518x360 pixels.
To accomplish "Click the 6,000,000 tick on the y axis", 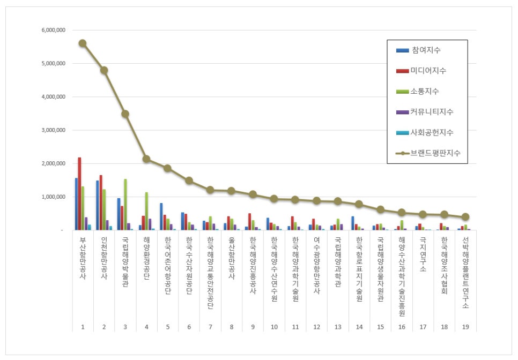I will point(53,31).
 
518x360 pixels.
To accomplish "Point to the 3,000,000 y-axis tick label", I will point(53,130).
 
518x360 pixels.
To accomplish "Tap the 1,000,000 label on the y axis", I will point(53,197).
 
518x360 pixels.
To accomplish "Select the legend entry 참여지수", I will point(426,50).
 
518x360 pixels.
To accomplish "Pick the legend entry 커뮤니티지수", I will point(432,111).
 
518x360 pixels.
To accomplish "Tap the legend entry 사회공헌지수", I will point(432,132).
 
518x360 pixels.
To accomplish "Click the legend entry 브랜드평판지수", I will point(435,153).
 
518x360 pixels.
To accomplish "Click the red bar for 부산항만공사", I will point(80,193).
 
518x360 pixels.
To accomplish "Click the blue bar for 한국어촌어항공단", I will point(161,216).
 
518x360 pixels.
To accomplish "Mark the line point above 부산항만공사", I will point(82,43).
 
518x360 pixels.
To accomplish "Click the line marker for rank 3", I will point(125,114).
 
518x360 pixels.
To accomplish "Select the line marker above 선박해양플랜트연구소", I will point(465,217).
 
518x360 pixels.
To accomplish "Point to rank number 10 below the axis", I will point(274,326).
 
